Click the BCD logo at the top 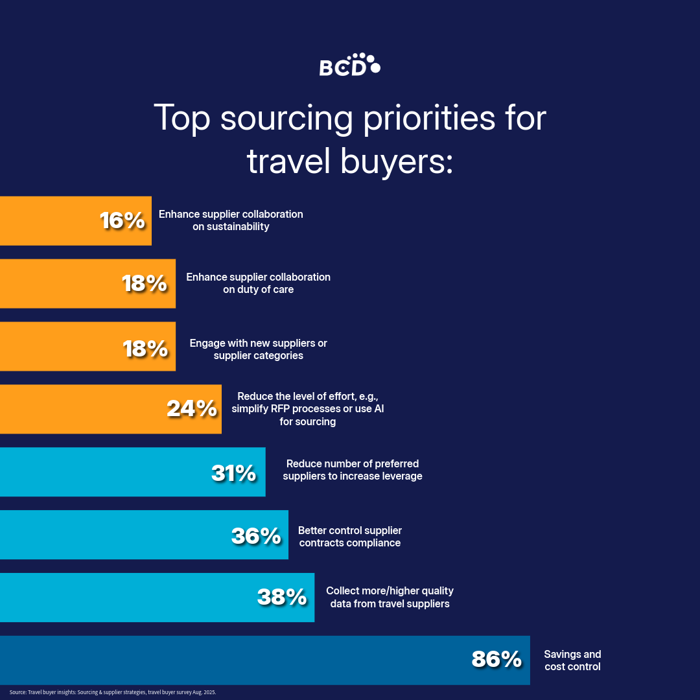[349, 65]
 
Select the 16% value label [122, 221]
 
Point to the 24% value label [191, 409]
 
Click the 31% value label [234, 472]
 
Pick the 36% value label [256, 535]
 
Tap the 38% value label [282, 597]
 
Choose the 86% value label [496, 660]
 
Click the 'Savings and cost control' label [572, 660]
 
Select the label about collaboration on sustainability [231, 220]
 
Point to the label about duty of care [258, 283]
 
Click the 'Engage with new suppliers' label [258, 349]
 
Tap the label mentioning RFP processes [307, 409]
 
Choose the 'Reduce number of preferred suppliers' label [353, 470]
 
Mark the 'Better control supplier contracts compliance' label [349, 537]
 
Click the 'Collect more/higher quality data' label [389, 597]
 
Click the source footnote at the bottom [112, 692]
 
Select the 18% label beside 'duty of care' [145, 284]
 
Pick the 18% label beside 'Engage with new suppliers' [145, 348]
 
